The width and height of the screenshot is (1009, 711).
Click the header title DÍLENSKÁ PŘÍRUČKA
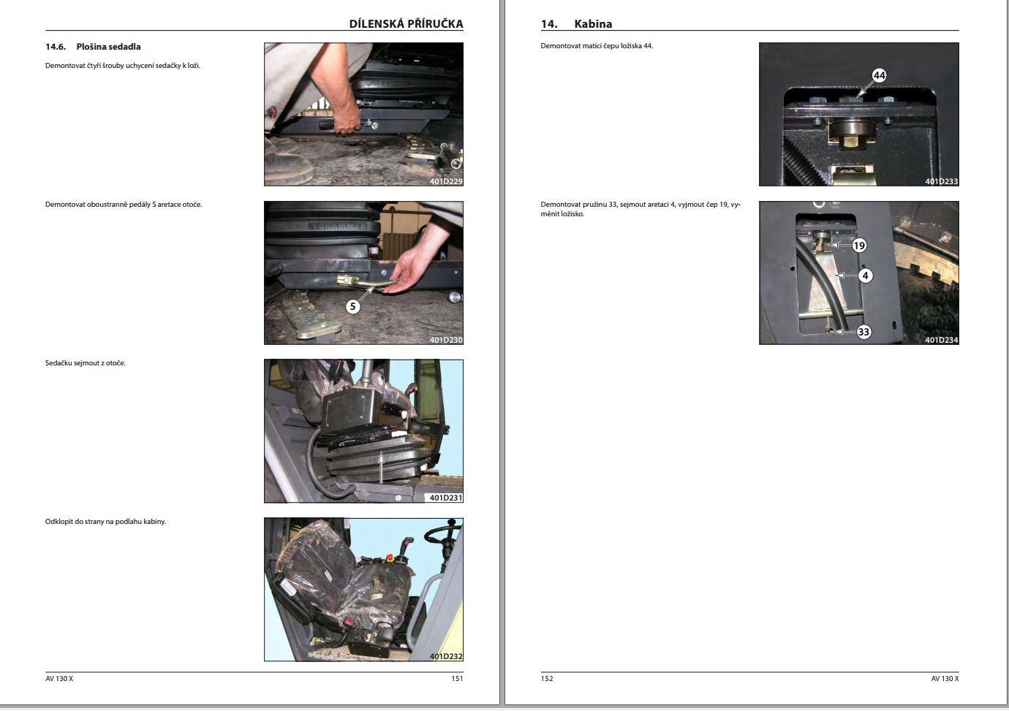[406, 23]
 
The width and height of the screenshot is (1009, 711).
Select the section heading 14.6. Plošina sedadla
[93, 47]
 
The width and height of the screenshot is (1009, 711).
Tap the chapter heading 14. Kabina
[576, 24]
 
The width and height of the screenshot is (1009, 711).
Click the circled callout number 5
[353, 306]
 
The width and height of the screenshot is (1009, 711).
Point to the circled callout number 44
[879, 75]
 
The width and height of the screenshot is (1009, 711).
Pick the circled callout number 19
[859, 246]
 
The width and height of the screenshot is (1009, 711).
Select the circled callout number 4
[865, 275]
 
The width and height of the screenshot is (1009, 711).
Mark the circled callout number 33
[863, 332]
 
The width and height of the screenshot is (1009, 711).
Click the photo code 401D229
[445, 181]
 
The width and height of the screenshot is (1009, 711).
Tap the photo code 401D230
[445, 340]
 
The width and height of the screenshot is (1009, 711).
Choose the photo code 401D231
[445, 498]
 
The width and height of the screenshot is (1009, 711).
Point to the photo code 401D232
[445, 656]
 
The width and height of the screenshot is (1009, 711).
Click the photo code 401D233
[941, 181]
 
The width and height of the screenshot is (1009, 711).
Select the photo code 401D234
[941, 340]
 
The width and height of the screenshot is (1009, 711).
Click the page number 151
[457, 678]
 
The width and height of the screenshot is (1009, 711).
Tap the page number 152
[547, 678]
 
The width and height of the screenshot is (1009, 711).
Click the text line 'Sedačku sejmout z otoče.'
[86, 363]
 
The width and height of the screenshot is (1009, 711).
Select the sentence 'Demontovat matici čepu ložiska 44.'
[597, 46]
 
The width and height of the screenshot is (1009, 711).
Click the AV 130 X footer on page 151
[59, 678]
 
